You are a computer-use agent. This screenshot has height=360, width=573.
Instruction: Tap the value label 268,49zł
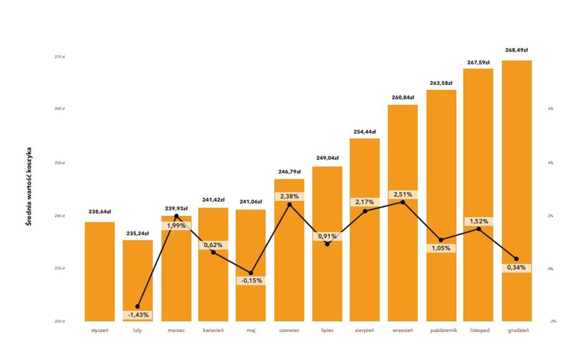click(517, 50)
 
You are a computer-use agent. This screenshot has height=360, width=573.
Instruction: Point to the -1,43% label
click(138, 315)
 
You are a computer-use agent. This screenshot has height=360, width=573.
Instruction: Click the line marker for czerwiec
click(289, 205)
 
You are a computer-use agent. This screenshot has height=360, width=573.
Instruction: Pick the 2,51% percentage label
click(403, 195)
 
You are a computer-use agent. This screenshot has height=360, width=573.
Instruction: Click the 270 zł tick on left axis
click(59, 57)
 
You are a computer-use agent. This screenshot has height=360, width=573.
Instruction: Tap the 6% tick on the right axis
click(551, 109)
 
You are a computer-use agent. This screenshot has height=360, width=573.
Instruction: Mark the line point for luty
click(138, 306)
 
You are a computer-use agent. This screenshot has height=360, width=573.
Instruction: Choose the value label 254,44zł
click(365, 132)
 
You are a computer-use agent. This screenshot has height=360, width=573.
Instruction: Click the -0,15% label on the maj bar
click(251, 281)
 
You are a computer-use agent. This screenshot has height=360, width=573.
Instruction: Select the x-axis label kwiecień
click(213, 330)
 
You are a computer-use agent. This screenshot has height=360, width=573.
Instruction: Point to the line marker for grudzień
click(516, 259)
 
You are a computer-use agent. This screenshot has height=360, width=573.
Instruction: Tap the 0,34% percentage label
click(517, 268)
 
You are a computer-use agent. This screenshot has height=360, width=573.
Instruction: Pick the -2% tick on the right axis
click(552, 321)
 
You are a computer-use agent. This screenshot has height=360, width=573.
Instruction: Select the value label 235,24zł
click(138, 233)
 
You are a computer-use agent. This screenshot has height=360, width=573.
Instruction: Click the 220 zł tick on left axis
click(59, 321)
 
